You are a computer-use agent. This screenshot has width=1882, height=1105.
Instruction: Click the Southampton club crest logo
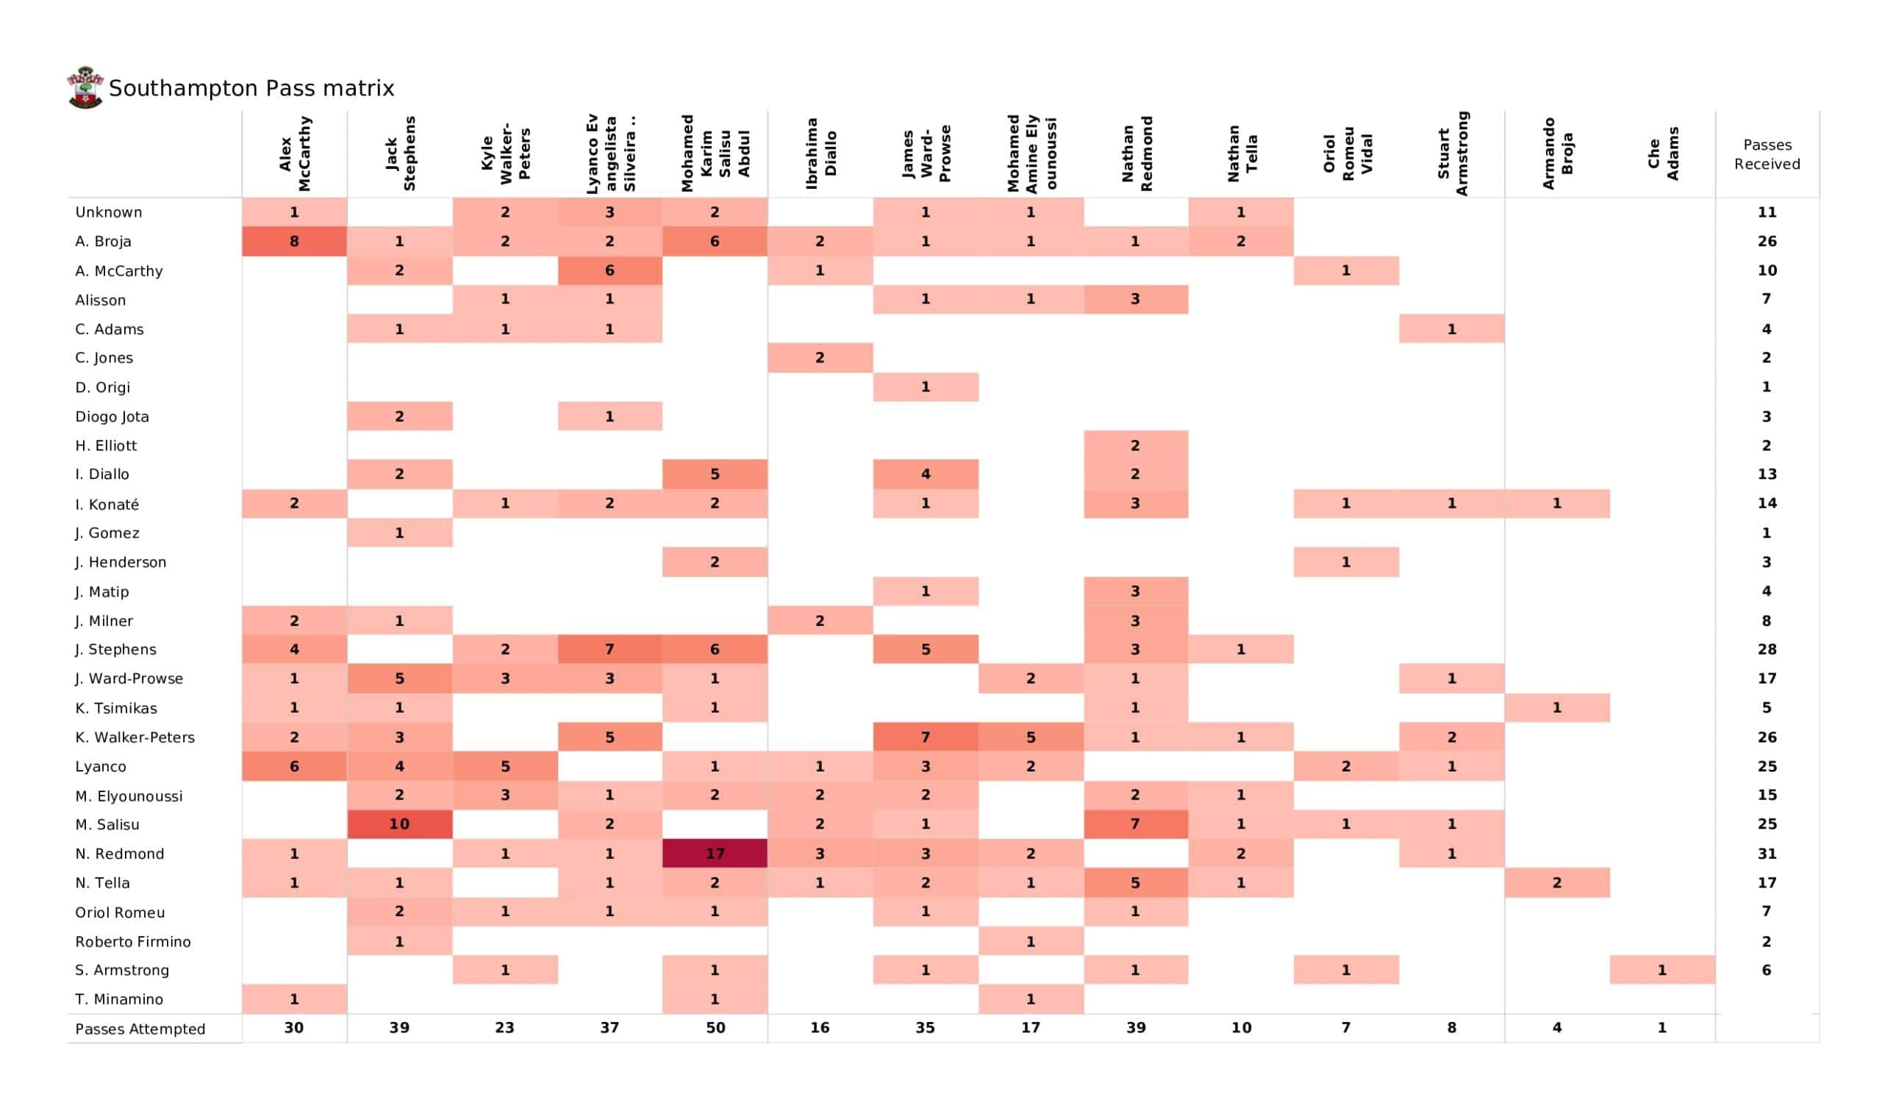click(85, 88)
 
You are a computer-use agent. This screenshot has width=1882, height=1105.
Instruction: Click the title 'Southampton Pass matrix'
click(251, 89)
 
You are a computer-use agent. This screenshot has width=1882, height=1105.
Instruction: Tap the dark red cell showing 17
click(715, 854)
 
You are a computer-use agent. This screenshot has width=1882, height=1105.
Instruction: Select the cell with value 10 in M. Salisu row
click(399, 824)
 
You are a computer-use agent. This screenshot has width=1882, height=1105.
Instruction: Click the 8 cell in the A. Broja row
click(294, 241)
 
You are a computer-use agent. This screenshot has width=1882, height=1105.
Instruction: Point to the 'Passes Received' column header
click(1767, 154)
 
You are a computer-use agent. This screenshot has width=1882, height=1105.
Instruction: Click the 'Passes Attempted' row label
click(140, 1029)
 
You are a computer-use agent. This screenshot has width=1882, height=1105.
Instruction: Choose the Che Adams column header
click(1663, 154)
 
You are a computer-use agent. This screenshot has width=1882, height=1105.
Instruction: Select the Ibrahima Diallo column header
click(820, 154)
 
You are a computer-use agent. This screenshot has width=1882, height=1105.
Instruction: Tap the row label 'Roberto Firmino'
click(133, 941)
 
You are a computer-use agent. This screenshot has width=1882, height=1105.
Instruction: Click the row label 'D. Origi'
click(102, 387)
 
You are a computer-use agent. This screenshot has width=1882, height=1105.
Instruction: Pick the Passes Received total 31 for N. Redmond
click(1767, 854)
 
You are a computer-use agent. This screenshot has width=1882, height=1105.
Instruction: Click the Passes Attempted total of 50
click(715, 1028)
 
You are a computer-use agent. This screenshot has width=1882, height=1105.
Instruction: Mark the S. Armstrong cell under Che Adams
click(1662, 970)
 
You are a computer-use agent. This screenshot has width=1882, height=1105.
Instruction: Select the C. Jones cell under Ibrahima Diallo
click(820, 358)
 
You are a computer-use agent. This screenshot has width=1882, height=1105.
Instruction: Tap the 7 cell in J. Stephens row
click(609, 649)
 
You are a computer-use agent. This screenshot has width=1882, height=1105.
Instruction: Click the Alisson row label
click(100, 300)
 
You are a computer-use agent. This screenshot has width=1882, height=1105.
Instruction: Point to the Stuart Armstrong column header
click(1453, 154)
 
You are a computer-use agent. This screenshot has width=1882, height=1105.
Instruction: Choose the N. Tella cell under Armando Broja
click(1557, 882)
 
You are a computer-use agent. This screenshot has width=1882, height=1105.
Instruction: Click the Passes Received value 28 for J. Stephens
click(1767, 649)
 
